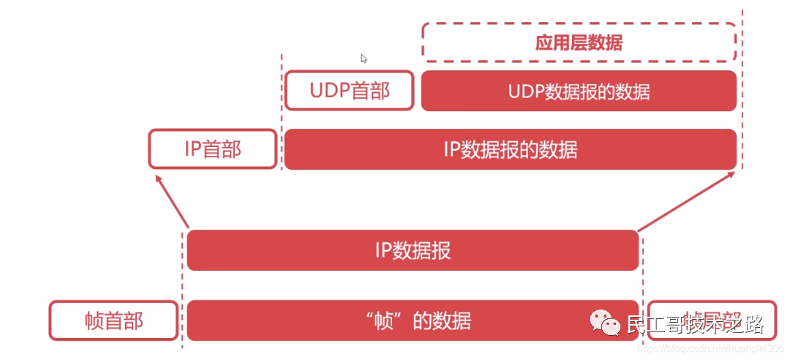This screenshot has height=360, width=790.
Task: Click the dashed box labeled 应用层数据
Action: pyautogui.click(x=579, y=42)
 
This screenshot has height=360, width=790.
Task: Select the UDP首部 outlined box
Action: pyautogui.click(x=350, y=91)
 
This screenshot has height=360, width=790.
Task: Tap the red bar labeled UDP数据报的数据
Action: pyautogui.click(x=579, y=91)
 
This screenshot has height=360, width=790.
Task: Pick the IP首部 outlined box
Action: pyautogui.click(x=213, y=149)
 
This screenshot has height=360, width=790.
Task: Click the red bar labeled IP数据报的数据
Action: pyautogui.click(x=510, y=149)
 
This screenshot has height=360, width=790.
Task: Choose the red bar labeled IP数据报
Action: pyautogui.click(x=413, y=250)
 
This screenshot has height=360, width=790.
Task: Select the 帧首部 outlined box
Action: pyautogui.click(x=113, y=320)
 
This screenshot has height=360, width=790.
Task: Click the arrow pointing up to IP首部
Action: pyautogui.click(x=170, y=199)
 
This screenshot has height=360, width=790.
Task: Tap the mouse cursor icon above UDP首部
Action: pyautogui.click(x=364, y=59)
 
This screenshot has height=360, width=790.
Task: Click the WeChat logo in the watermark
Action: pyautogui.click(x=605, y=321)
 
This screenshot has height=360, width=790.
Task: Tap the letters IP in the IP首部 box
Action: pyautogui.click(x=192, y=149)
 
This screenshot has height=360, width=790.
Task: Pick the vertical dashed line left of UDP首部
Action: pyautogui.click(x=282, y=110)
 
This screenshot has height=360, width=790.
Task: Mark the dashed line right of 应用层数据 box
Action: pyautogui.click(x=743, y=88)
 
